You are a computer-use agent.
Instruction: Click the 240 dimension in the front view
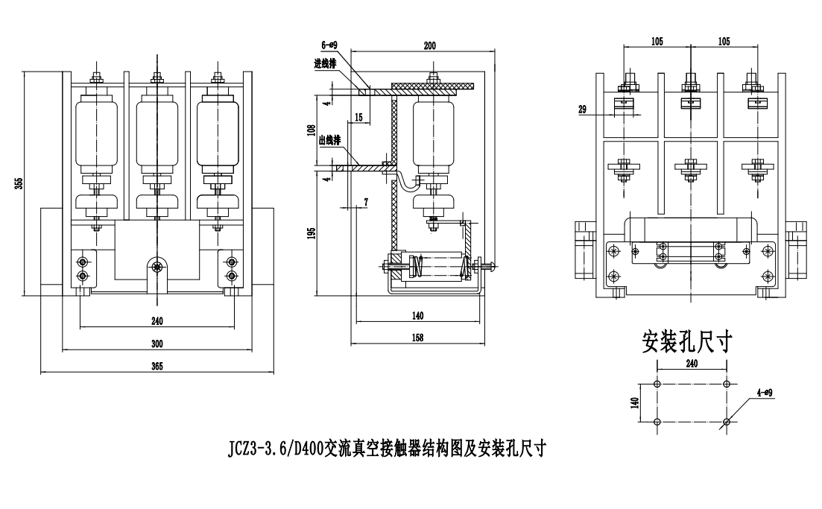157,321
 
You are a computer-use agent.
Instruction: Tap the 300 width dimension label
157,344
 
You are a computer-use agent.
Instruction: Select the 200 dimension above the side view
429,45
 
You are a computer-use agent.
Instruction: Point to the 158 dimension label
417,338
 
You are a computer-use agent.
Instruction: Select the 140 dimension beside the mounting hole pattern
634,403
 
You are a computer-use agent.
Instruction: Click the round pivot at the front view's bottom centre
157,266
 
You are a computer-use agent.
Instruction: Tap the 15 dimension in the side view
358,117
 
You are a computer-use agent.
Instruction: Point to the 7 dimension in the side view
366,203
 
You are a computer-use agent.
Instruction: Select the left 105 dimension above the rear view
657,42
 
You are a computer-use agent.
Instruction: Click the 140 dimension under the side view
417,316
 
